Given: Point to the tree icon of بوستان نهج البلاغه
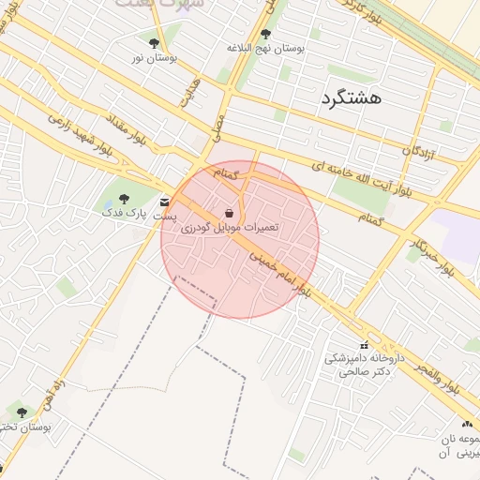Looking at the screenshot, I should pyautogui.click(x=265, y=33).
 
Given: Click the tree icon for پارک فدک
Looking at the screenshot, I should pyautogui.click(x=123, y=199).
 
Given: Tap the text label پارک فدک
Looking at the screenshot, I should pyautogui.click(x=122, y=213).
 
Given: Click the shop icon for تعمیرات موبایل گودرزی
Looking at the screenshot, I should pyautogui.click(x=230, y=213).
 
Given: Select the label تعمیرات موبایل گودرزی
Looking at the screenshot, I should pyautogui.click(x=230, y=227).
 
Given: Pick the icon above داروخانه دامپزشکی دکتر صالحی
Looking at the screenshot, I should pyautogui.click(x=363, y=345).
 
